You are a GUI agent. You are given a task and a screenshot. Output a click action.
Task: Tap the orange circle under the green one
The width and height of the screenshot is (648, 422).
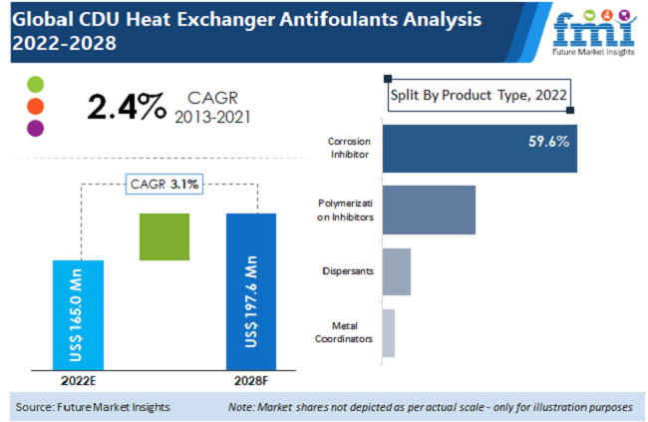pyautogui.click(x=36, y=106)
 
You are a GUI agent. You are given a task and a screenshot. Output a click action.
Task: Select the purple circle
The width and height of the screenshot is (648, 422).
pyautogui.click(x=36, y=128)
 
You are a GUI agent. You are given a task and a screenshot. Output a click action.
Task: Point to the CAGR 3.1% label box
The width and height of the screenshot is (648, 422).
pyautogui.click(x=163, y=184)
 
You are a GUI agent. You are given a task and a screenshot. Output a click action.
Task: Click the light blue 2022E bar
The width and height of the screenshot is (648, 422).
pyautogui.click(x=77, y=312)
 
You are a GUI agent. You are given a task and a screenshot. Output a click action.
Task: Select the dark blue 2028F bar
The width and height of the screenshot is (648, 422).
pyautogui.click(x=251, y=289)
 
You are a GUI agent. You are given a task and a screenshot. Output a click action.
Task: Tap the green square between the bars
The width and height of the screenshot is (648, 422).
pyautogui.click(x=164, y=237)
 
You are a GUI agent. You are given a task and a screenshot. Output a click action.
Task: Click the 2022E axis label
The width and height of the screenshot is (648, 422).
pyautogui.click(x=77, y=379)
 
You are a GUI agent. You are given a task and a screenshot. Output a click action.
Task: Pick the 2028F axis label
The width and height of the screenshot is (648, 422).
pyautogui.click(x=250, y=379)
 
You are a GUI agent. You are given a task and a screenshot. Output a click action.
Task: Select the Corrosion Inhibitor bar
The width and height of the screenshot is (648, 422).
pyautogui.click(x=480, y=148)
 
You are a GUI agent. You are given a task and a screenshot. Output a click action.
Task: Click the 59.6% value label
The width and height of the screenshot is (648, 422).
pyautogui.click(x=548, y=142)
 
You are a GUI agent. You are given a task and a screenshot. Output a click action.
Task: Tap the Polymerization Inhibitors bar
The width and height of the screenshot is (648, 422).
pyautogui.click(x=429, y=210)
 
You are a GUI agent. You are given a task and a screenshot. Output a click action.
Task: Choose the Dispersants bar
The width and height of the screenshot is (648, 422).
pyautogui.click(x=396, y=271)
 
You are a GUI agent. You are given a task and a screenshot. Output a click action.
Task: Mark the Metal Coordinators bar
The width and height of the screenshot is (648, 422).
pyautogui.click(x=389, y=332)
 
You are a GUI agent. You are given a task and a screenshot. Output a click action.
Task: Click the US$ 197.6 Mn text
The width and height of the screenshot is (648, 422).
pyautogui.click(x=251, y=301)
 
